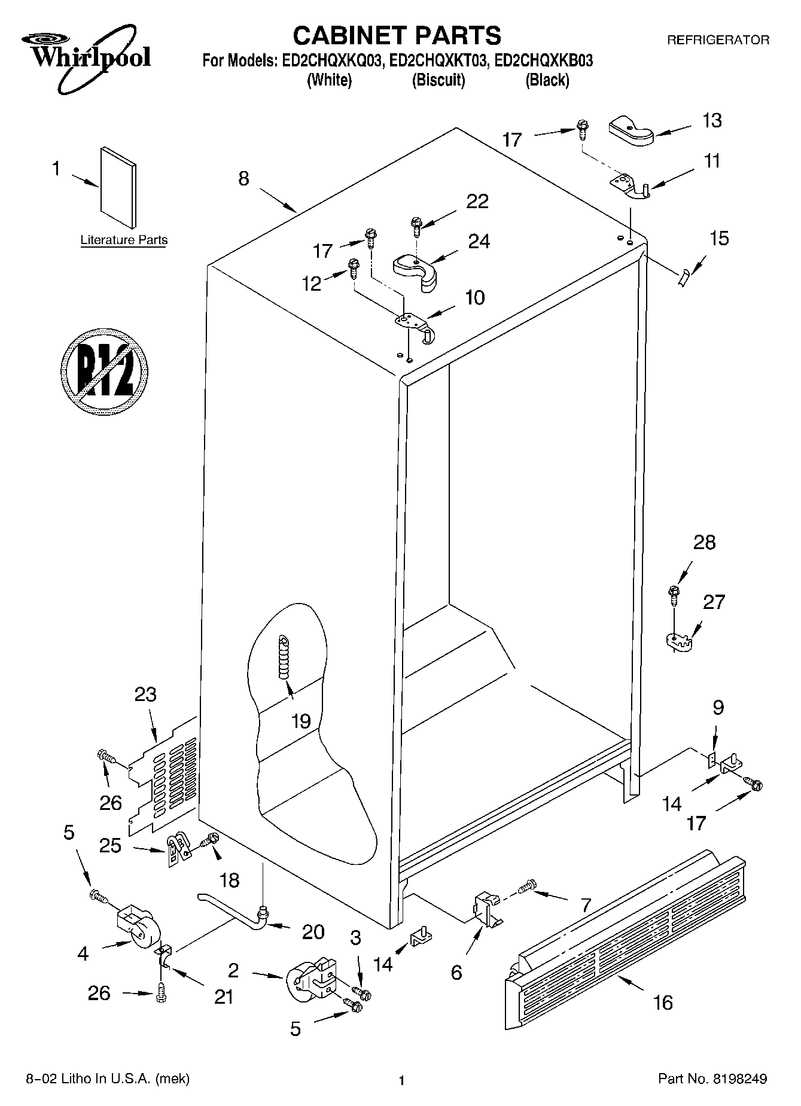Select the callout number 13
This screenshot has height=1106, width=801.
[712, 120]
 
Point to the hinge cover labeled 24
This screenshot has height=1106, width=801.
[415, 272]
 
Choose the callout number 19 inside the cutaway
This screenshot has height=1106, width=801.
[300, 721]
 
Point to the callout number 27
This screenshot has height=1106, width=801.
[714, 602]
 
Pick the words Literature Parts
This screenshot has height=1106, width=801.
[124, 240]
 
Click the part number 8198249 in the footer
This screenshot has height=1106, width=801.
[739, 1080]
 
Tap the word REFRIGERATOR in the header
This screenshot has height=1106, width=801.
[718, 40]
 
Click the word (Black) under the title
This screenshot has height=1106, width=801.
[547, 80]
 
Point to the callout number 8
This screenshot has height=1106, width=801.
[243, 178]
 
